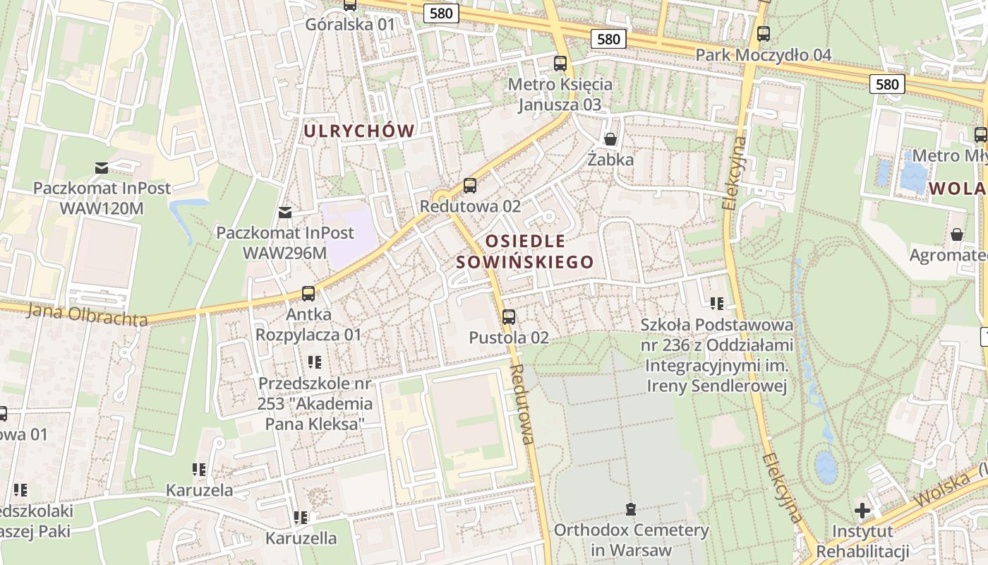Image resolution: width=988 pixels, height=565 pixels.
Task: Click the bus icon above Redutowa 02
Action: [x=469, y=186]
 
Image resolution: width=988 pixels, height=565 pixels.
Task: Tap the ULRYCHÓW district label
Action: [x=359, y=131]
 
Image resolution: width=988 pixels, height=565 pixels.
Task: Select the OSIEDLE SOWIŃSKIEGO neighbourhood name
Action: [x=525, y=252]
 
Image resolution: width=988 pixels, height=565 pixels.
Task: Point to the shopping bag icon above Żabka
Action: [x=610, y=139]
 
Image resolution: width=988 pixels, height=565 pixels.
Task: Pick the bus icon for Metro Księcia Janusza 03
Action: [x=560, y=64]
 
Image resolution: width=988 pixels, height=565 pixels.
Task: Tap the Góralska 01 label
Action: [x=350, y=25]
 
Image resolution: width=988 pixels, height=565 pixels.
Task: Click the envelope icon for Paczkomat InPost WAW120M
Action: [x=102, y=168]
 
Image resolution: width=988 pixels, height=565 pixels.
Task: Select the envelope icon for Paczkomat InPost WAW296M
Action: [x=285, y=212]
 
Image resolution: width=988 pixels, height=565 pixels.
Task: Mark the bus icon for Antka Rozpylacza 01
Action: [x=308, y=293]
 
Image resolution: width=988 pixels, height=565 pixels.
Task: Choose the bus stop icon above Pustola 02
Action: [x=509, y=317]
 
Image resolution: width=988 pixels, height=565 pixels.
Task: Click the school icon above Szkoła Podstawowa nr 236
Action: [x=717, y=304]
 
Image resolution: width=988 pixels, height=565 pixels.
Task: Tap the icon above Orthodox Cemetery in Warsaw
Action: [x=630, y=509]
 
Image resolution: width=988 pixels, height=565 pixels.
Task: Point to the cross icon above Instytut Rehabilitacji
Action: [x=862, y=510]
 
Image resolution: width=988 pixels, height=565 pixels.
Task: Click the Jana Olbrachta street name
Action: [x=88, y=314]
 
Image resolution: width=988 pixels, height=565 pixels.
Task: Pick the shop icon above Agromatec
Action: [x=957, y=234]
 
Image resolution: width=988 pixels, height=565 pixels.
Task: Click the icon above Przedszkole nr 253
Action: [x=315, y=362]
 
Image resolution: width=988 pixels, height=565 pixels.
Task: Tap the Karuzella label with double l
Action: [x=301, y=538]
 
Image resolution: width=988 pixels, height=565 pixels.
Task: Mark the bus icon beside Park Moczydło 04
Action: [x=763, y=33]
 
